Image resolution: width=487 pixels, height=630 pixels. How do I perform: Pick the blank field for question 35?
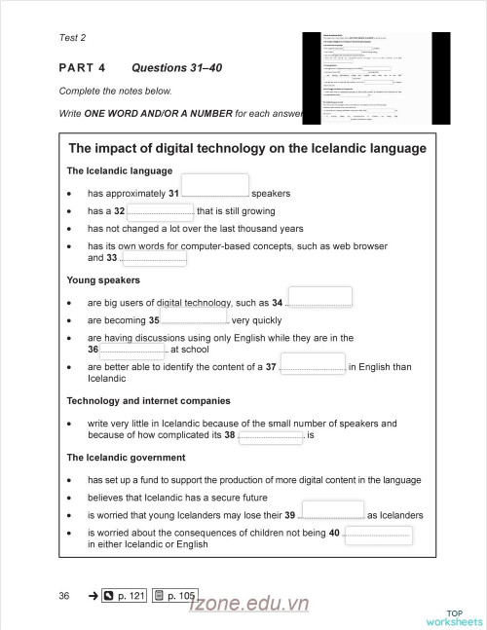pyautogui.click(x=194, y=318)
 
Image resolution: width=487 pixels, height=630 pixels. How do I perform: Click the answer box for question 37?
pyautogui.click(x=312, y=367)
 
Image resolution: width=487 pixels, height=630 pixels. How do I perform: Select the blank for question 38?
pyautogui.click(x=271, y=435)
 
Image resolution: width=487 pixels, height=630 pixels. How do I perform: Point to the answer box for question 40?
pyautogui.click(x=378, y=534)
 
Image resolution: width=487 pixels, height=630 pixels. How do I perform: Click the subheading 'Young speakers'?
pyautogui.click(x=103, y=280)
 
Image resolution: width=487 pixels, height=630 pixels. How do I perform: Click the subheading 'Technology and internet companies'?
pyautogui.click(x=148, y=400)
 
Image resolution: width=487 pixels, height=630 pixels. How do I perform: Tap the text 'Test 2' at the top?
pyautogui.click(x=73, y=38)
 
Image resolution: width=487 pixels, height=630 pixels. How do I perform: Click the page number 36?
pyautogui.click(x=64, y=595)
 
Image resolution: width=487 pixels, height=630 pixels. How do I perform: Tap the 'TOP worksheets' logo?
pyautogui.click(x=454, y=617)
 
